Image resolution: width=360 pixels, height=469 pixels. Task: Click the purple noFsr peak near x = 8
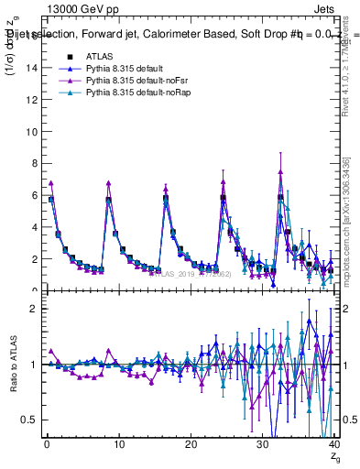coord(108,183)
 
